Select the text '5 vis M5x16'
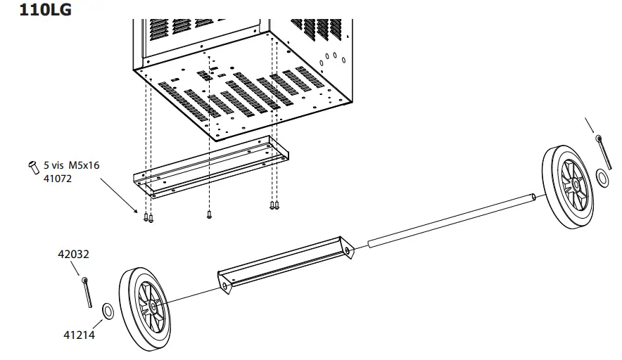(71, 165)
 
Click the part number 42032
(73, 255)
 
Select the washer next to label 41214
(109, 310)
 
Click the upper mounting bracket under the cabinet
(211, 169)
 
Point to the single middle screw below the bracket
(209, 214)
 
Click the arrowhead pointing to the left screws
(137, 209)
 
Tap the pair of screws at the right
(274, 205)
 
